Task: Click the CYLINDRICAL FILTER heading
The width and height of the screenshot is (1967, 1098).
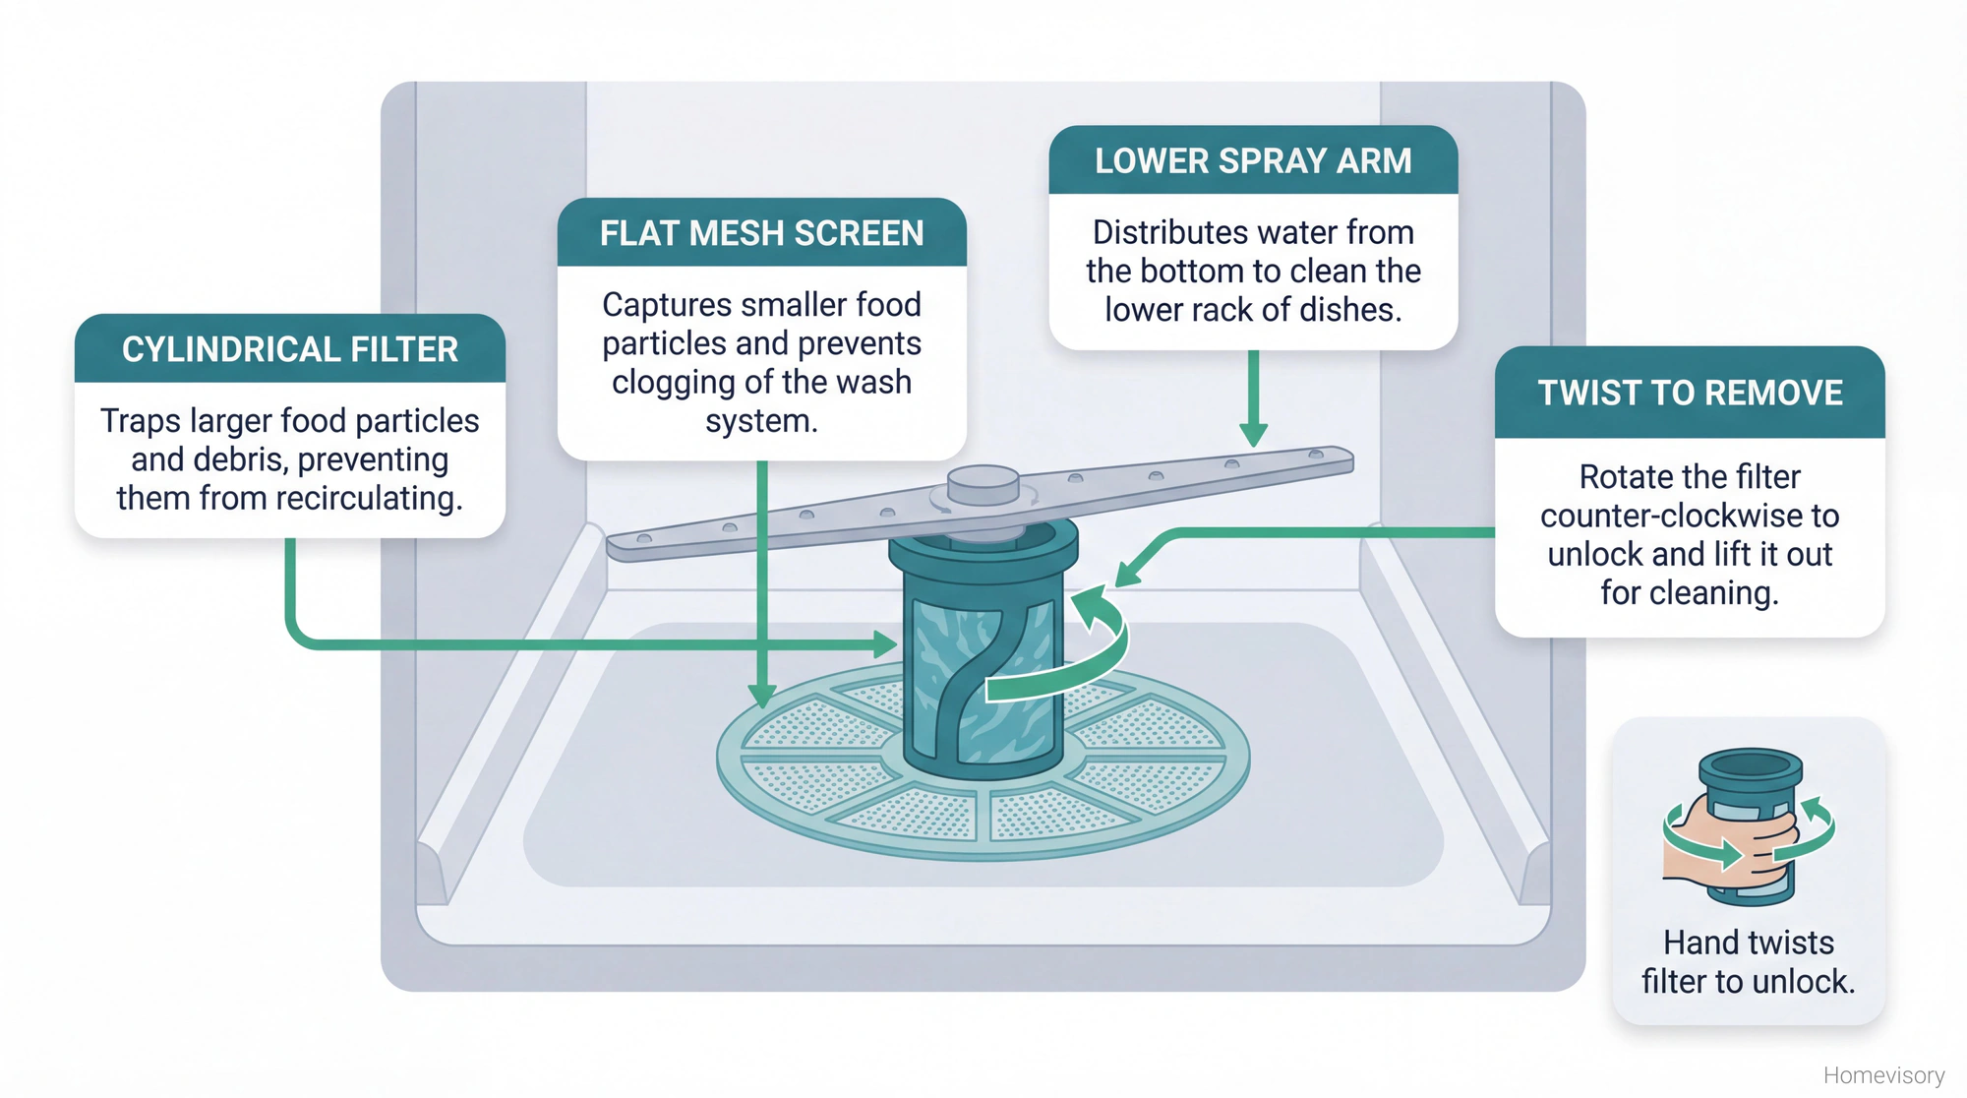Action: tap(290, 349)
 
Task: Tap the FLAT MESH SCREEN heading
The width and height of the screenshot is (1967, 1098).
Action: tap(761, 233)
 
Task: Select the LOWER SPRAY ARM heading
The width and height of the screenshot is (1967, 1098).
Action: tap(1253, 160)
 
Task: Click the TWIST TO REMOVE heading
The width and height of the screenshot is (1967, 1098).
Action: tap(1690, 393)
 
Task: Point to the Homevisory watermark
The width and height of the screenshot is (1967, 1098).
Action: tap(1883, 1074)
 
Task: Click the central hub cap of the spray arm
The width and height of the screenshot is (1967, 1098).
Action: tap(983, 484)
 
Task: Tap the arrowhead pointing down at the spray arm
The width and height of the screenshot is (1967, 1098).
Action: tap(1253, 434)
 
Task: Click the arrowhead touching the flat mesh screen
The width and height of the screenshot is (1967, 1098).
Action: tap(762, 696)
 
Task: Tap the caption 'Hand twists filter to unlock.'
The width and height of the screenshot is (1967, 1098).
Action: tap(1748, 961)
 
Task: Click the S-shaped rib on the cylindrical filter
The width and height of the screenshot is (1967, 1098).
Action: tap(974, 679)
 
